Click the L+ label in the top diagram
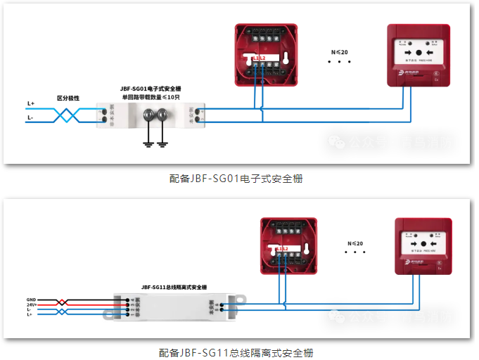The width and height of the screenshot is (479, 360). tap(31, 103)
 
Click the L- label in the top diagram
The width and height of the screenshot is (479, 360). tap(30, 118)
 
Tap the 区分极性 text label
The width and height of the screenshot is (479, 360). tap(68, 98)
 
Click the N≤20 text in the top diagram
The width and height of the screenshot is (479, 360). tap(339, 53)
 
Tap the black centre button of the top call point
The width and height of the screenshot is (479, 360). tap(419, 53)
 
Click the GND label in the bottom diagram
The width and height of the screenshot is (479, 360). tap(31, 299)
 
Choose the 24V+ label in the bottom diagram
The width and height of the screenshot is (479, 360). tap(31, 304)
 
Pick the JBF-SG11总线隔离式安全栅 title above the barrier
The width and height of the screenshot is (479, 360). tap(174, 287)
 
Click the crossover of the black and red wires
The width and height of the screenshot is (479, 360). tap(63, 302)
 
